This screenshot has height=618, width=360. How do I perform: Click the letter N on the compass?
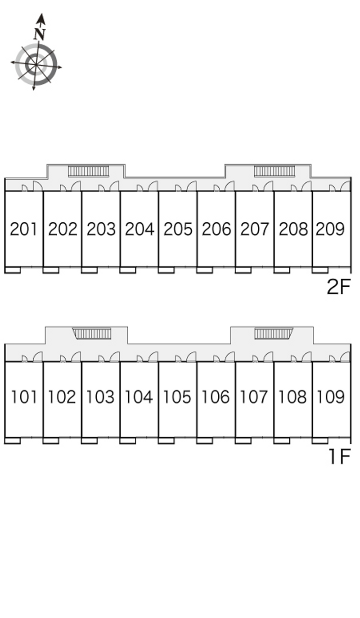pos(40,34)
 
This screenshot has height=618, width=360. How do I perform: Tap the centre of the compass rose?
pos(36,65)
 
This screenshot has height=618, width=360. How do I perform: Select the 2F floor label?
pos(338,287)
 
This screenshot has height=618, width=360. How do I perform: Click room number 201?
pos(23,229)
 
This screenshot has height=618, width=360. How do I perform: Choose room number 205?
pos(178,229)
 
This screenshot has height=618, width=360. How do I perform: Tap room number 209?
pos(330,229)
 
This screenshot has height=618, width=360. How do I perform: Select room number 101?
pos(24,397)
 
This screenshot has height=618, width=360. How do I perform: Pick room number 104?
pos(139,397)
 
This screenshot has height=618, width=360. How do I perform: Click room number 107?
pos(253,397)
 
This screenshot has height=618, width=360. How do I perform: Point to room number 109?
pos(330,397)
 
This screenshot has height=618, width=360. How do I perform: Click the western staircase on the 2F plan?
pos(89,171)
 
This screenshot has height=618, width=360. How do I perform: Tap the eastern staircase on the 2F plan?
pos(274,171)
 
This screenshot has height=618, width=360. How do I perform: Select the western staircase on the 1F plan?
pos(92,334)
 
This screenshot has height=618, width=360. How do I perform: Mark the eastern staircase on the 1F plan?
pos(273,334)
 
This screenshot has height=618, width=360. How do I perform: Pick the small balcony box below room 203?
pos(89,270)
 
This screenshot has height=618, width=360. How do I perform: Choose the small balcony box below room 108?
pos(282,441)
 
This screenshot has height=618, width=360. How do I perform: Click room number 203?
pos(101,229)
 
